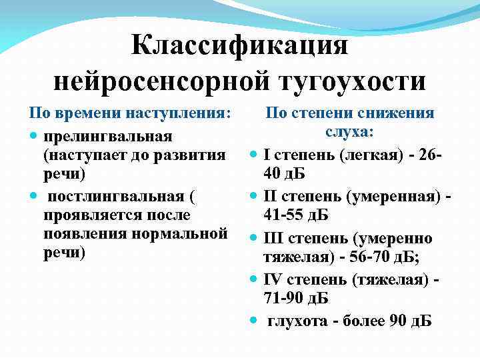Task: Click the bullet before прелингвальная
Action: click(x=33, y=136)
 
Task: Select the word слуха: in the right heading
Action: click(x=350, y=132)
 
